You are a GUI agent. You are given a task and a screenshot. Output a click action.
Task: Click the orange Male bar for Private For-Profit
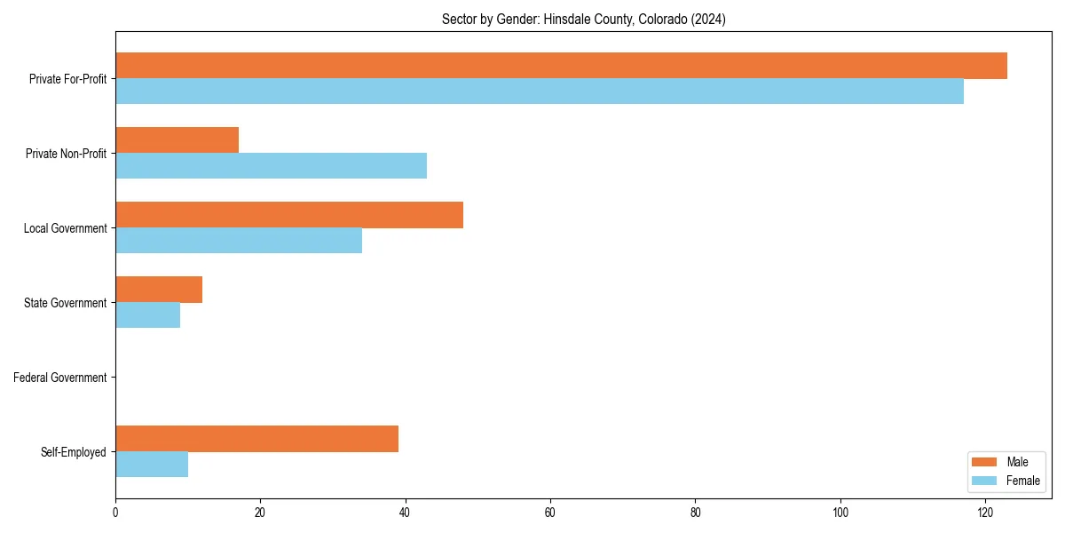tap(561, 66)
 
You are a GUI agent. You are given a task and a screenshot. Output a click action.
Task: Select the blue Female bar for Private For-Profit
tap(540, 91)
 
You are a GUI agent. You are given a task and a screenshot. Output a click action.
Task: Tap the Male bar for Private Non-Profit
tap(177, 140)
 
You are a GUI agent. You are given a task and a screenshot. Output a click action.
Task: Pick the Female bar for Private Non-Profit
tap(271, 166)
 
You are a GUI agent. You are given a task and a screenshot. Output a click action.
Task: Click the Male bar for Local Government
tap(289, 215)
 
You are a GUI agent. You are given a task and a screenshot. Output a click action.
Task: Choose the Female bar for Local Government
tap(239, 241)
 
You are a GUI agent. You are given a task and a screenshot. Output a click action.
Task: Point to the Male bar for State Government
tap(159, 290)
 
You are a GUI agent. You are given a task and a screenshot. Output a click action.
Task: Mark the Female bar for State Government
tap(148, 315)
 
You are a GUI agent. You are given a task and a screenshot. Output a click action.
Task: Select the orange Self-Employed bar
tap(256, 439)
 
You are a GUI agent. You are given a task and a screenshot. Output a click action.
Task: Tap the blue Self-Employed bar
tap(152, 465)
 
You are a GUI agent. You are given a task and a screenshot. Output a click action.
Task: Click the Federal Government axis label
tap(60, 378)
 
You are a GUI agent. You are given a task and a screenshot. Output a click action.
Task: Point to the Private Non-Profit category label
tap(66, 154)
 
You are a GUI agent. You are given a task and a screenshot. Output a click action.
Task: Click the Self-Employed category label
tap(74, 452)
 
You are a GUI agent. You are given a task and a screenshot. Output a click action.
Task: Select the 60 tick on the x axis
tap(550, 513)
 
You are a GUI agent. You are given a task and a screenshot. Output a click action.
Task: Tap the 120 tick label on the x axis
tap(985, 513)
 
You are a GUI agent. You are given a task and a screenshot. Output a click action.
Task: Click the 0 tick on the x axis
tap(115, 513)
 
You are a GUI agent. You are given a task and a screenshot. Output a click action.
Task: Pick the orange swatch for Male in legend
tap(985, 462)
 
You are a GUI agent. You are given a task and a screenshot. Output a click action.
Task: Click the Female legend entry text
tap(1023, 481)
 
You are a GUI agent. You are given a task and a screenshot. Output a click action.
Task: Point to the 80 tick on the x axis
tap(695, 513)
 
